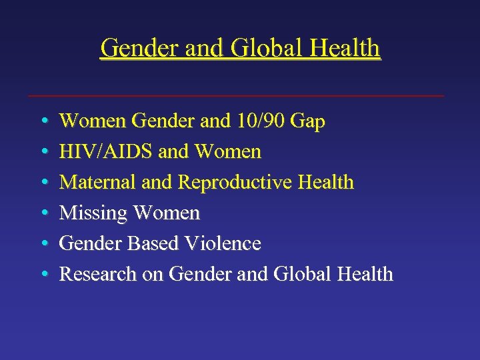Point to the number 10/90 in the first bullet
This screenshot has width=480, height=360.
pos(259,121)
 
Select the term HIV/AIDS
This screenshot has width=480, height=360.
pos(107,151)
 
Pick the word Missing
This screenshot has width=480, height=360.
pos(94,213)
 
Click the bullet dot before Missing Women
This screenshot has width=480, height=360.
pos(43,213)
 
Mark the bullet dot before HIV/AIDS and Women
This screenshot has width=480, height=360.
pos(43,152)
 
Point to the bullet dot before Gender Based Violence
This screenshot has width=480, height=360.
pos(43,244)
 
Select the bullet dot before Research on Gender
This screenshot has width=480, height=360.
pos(43,275)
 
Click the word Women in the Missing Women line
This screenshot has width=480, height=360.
pos(167,213)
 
